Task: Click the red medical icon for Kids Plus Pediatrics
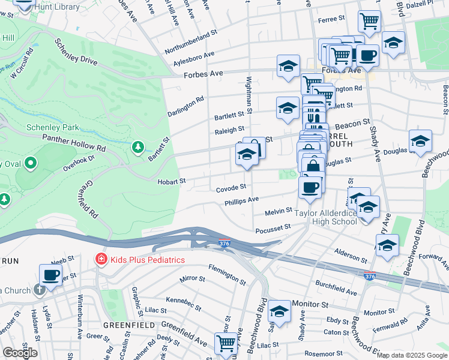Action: pos(101,259)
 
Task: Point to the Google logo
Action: pos(19,352)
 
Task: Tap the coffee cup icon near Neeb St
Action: pos(50,274)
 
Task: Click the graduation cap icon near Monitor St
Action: pos(279,310)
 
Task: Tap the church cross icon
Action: pos(39,290)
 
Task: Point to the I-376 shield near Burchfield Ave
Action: pos(370,275)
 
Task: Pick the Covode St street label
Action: pos(231,188)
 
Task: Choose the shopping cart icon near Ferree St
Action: pos(369,22)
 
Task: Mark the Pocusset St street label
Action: pos(273,227)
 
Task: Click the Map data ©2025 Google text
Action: pos(411,355)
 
